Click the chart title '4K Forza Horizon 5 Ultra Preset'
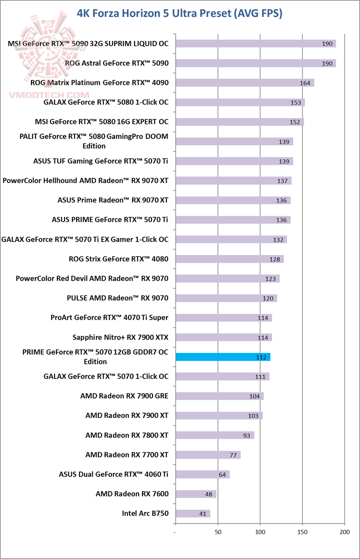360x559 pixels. (179, 13)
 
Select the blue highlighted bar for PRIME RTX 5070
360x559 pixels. (223, 357)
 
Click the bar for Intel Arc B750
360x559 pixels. (193, 513)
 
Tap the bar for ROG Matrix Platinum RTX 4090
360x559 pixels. (244, 83)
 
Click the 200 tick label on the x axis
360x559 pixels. (344, 533)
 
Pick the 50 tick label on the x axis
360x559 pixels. (218, 533)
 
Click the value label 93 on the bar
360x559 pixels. (246, 435)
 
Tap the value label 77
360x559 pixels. (232, 455)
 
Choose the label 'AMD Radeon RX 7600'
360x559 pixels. (132, 494)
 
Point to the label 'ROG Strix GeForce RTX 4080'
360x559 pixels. (118, 259)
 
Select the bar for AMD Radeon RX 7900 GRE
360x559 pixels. (219, 396)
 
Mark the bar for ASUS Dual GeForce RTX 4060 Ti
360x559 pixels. (202, 474)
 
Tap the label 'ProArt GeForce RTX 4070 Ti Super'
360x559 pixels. (109, 317)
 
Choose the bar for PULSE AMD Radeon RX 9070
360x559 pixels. (226, 298)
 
